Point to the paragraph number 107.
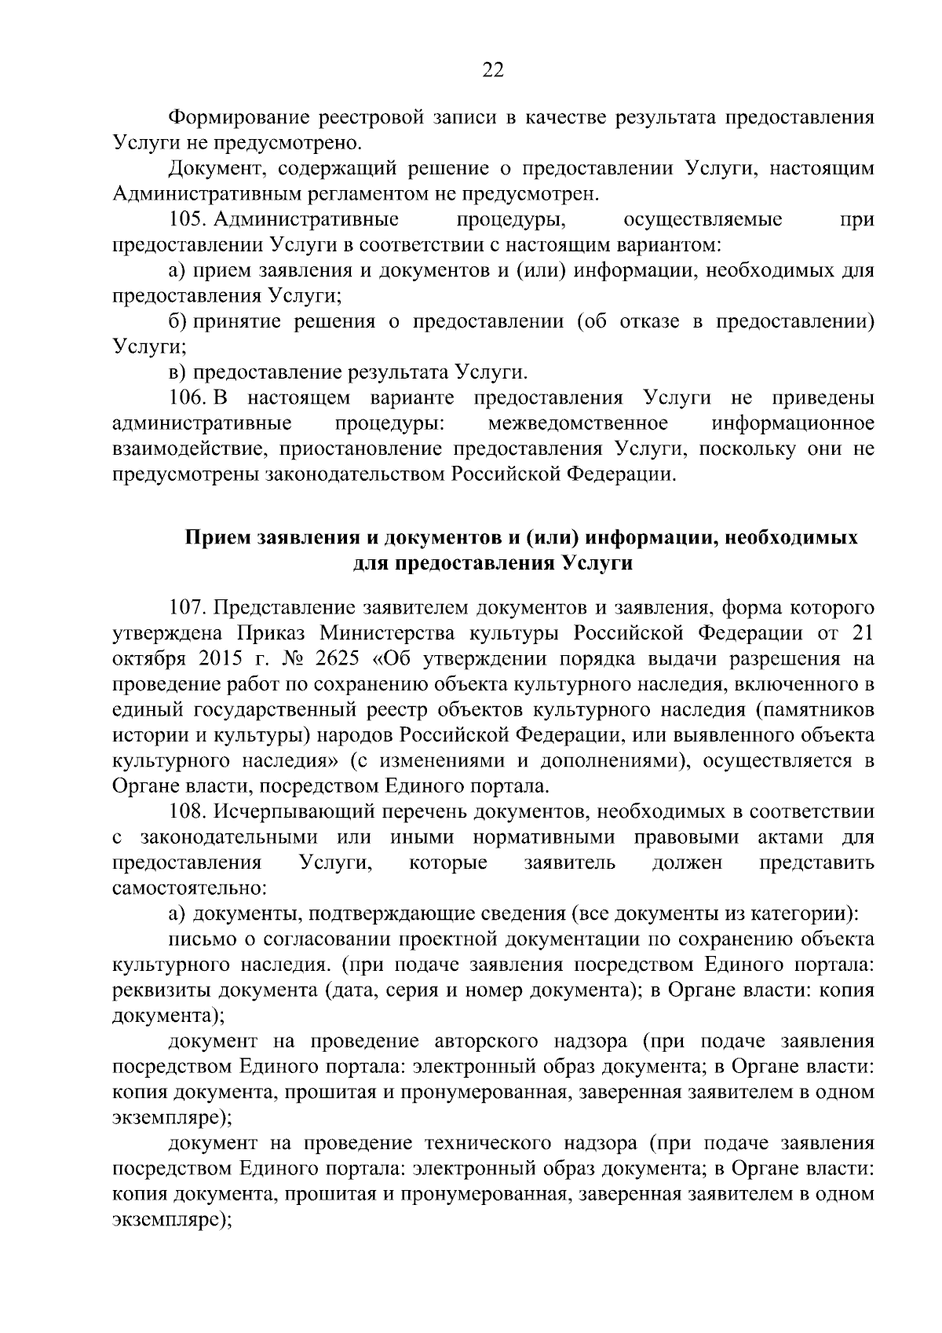(188, 607)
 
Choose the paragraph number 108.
(188, 811)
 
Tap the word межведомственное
(578, 423)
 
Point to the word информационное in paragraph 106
(793, 423)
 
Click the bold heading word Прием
(217, 538)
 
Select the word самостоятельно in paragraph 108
(191, 888)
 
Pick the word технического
(496, 1144)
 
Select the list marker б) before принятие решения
(177, 321)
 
